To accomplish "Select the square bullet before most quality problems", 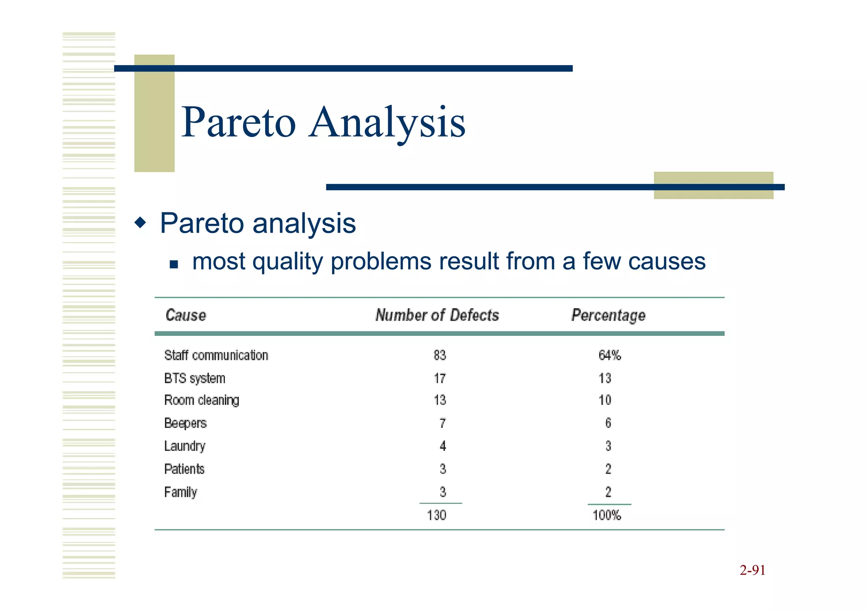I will click(173, 265).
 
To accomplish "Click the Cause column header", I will click(186, 315).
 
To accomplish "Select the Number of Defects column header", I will click(437, 315).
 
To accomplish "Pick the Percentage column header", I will click(608, 316).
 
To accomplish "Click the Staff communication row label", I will click(216, 355).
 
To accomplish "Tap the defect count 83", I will click(440, 355).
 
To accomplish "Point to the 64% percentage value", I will click(609, 355).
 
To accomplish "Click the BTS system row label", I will click(195, 378).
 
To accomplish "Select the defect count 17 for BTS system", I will click(440, 378).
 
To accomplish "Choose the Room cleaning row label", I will click(202, 400).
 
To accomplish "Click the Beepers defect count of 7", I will click(442, 423).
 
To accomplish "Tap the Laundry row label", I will click(185, 446).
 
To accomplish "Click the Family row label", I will click(181, 492).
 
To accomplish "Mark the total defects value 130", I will click(436, 515).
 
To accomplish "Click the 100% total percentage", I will click(607, 515).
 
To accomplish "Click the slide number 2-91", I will click(752, 571).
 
